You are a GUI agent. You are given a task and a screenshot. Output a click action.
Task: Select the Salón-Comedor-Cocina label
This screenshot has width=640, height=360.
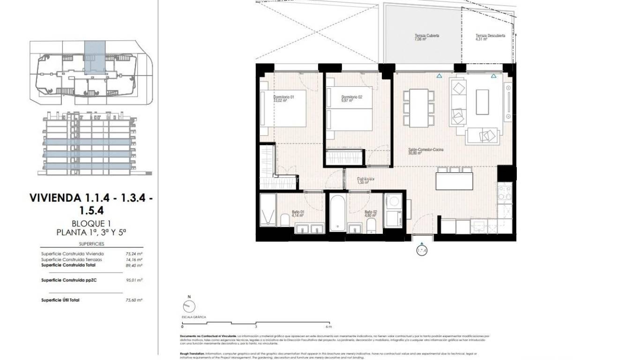[425, 150]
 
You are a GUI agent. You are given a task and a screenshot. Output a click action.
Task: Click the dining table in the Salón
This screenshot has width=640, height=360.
[418, 108]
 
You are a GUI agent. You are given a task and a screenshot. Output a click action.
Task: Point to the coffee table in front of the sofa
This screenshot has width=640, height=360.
[482, 102]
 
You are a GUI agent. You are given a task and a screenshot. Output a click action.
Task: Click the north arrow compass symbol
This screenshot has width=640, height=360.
[189, 307]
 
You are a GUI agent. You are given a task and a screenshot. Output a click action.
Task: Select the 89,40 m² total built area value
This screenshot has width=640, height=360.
[137, 265]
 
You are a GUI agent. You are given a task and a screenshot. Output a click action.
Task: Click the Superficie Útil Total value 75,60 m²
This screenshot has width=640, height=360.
[137, 300]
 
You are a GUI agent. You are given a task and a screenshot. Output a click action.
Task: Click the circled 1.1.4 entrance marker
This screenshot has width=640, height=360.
[422, 250]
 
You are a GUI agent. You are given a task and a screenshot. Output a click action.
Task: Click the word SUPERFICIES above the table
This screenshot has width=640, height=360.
[91, 244]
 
